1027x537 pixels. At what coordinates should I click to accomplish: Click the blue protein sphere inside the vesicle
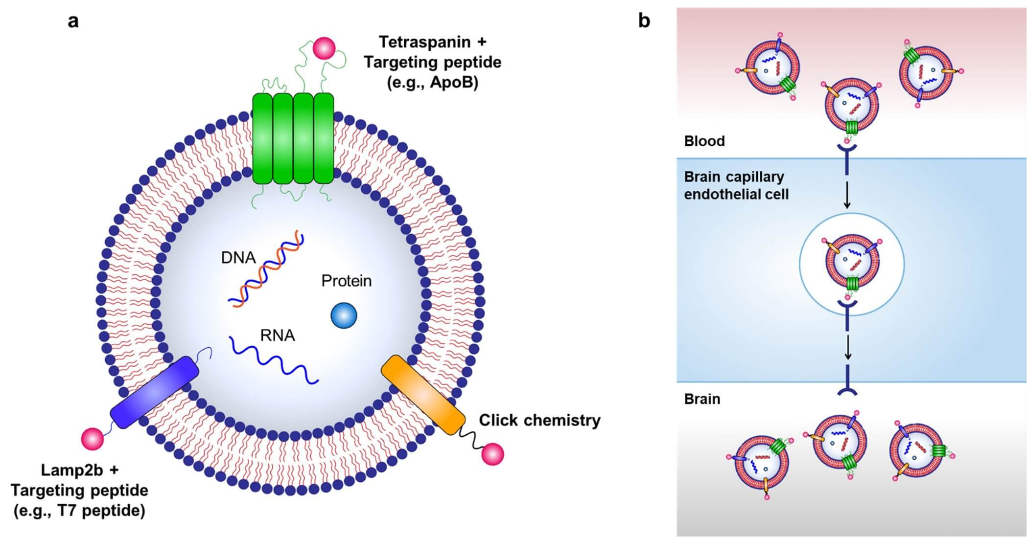344,315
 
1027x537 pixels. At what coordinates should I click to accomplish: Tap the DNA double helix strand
266,270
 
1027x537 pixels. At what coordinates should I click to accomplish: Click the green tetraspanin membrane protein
293,138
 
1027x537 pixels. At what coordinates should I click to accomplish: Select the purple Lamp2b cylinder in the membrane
154,392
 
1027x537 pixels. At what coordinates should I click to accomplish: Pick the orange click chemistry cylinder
423,395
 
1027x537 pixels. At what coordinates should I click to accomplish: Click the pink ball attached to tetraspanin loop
324,48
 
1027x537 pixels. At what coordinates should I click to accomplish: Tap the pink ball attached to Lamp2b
93,438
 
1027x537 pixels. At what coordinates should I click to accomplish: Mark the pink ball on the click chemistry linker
492,454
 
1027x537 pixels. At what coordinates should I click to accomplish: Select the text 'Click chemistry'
539,420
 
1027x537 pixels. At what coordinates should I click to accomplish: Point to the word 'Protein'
346,281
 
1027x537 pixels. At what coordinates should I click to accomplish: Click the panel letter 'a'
73,21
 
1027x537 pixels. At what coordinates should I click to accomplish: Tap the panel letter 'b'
644,21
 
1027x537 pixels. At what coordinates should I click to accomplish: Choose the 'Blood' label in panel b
704,141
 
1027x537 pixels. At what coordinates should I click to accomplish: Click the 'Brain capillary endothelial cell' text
736,185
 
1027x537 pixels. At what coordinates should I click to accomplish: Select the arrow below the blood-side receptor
847,196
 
